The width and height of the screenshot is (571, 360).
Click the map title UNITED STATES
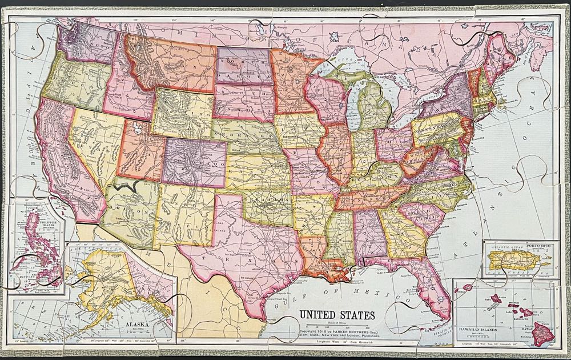click(x=337, y=314)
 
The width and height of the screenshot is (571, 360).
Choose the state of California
click(x=60, y=160)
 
